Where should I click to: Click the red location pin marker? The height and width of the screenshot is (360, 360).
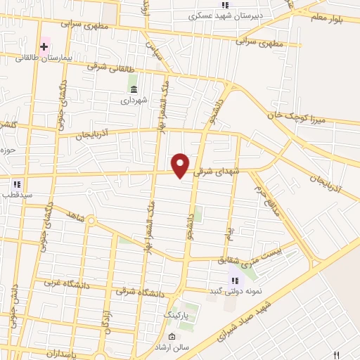click(181, 166)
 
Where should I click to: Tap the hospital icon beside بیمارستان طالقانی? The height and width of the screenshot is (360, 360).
click(44, 48)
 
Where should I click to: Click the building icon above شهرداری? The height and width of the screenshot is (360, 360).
click(134, 89)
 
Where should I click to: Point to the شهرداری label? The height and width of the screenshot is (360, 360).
click(133, 101)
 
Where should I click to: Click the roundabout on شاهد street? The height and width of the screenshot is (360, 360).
click(91, 221)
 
